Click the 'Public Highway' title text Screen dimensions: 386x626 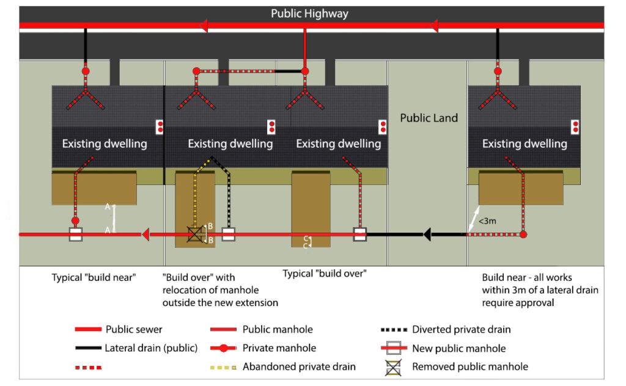coord(309,13)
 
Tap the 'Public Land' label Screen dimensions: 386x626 coord(429,118)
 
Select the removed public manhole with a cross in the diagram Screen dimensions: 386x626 coord(196,234)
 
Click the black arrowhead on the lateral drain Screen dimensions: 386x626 coord(428,234)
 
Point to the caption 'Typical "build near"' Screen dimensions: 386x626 coord(94,277)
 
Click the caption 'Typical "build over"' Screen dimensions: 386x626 coord(325,274)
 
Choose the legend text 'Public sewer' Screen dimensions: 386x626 coord(134,329)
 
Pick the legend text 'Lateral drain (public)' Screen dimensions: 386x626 coord(151,348)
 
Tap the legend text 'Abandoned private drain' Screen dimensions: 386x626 coord(299,367)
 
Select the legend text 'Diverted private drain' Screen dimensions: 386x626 coord(461,329)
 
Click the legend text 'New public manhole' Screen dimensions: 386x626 coord(458,348)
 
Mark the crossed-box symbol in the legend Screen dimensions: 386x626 coord(391,367)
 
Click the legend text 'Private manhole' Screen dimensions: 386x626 coord(279,348)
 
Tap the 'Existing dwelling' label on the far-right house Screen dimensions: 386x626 coord(525,144)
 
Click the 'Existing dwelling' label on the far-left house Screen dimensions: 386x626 coord(105,144)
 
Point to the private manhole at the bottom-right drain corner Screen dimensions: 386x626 coord(523,234)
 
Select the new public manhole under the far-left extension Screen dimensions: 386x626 coord(75,235)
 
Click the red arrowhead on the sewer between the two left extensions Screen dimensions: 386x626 coord(145,234)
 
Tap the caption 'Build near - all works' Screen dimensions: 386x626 coord(526,277)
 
